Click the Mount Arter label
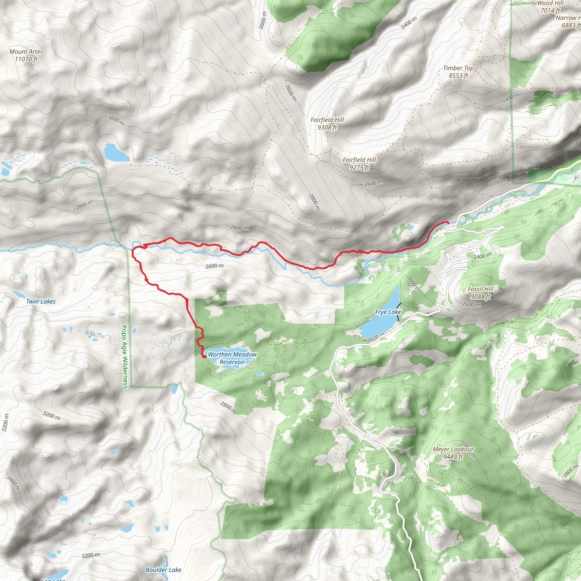click(x=26, y=55)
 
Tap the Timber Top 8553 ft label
click(x=458, y=72)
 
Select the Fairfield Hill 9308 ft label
click(x=327, y=124)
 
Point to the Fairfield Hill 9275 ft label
click(x=359, y=164)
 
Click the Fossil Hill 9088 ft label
click(x=481, y=292)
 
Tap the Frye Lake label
click(x=388, y=312)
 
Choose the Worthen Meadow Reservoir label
click(x=232, y=358)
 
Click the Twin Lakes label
click(x=41, y=301)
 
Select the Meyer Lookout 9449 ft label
click(x=453, y=453)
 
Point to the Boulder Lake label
click(x=163, y=570)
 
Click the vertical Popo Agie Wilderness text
click(x=125, y=357)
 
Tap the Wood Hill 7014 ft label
click(x=550, y=7)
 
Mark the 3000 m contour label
click(x=116, y=121)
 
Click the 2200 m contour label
click(x=498, y=182)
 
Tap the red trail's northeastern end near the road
click(x=448, y=222)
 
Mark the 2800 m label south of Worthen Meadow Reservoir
click(x=228, y=407)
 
